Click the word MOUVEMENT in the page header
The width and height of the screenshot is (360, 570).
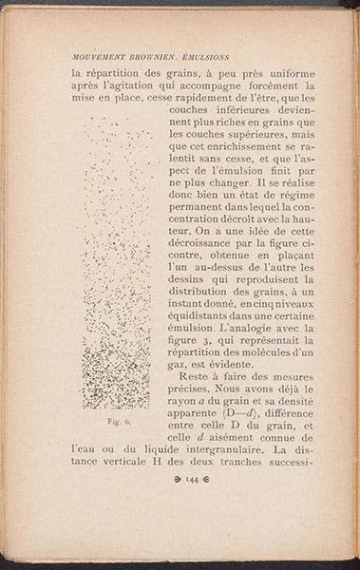(89, 55)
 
